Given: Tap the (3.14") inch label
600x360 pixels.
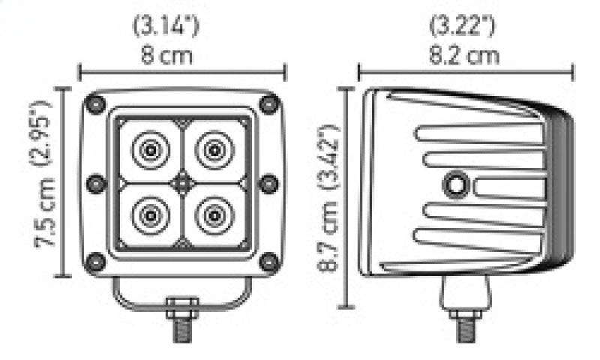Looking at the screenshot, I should click(x=166, y=27).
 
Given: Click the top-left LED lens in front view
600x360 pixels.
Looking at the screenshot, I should click(x=150, y=150).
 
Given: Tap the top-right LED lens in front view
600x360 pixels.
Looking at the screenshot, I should click(x=214, y=150).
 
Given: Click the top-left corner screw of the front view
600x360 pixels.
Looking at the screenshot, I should click(x=95, y=104).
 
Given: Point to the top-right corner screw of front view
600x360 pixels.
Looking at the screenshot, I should click(x=268, y=104).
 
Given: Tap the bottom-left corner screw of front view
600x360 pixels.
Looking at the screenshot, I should click(x=95, y=262).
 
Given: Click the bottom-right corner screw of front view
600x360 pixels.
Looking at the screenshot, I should click(x=268, y=262).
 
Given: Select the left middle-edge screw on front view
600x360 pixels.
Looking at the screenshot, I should click(x=94, y=183).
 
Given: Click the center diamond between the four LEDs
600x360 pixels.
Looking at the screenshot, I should click(x=182, y=182).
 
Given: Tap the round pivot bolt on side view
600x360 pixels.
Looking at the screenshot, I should click(x=454, y=183).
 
